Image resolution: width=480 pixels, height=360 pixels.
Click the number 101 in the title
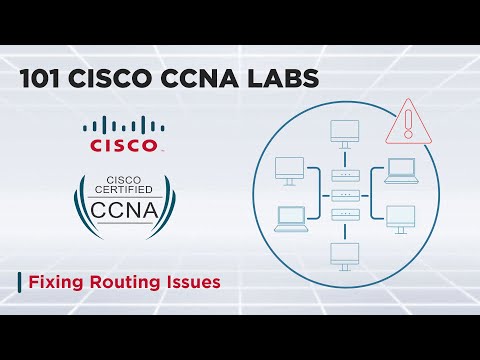point(43,80)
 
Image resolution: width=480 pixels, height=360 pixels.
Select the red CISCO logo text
point(123,146)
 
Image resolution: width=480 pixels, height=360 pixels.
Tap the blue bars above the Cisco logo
point(123,126)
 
